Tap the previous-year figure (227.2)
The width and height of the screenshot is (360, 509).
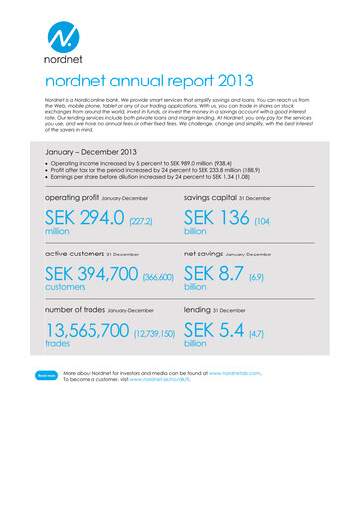coord(140,219)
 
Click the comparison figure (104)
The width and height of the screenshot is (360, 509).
coord(263,219)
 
